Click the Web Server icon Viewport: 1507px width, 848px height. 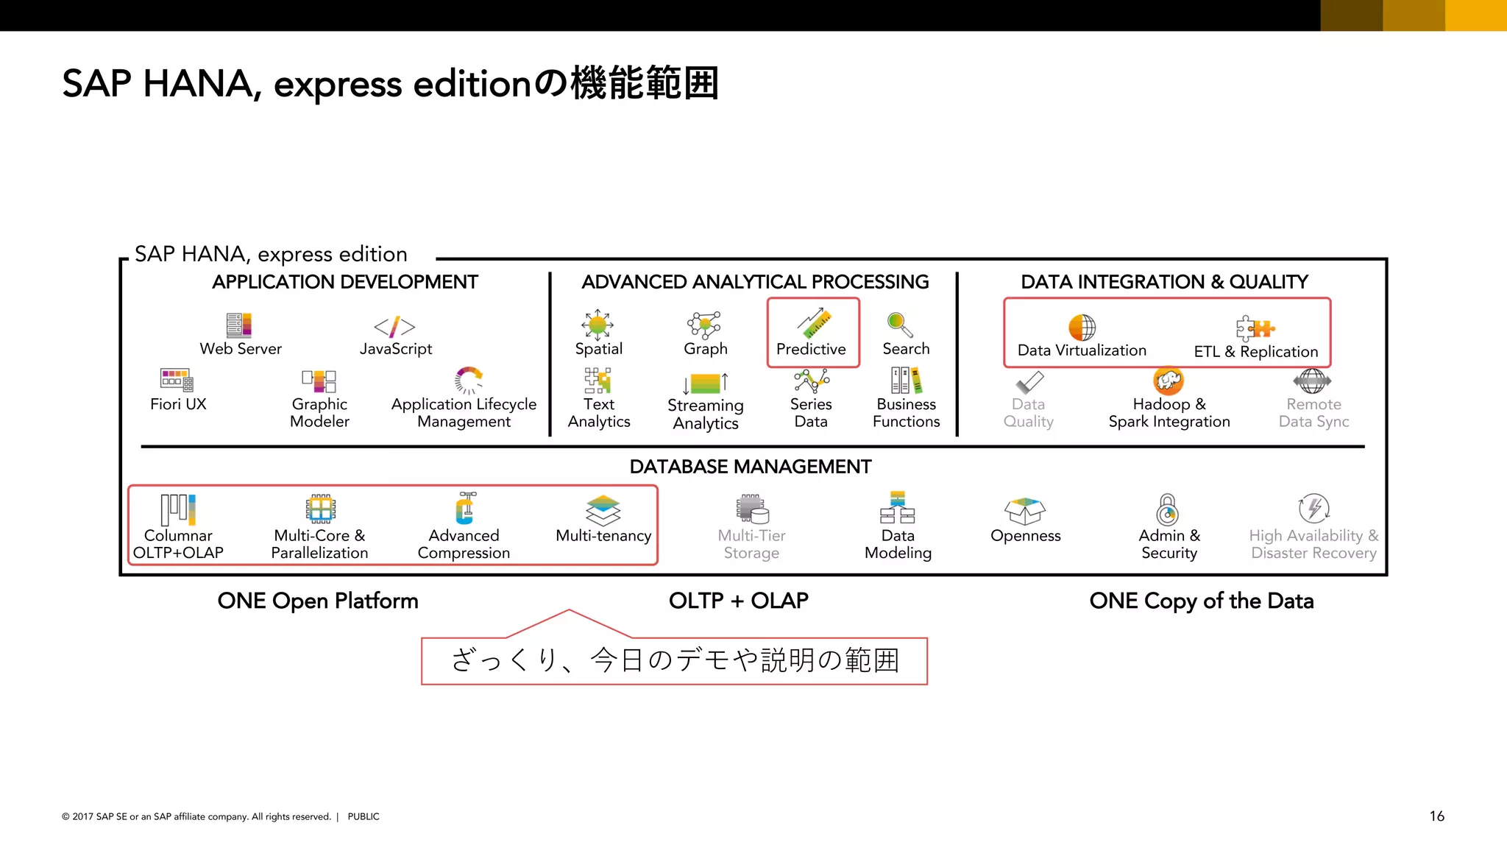point(239,325)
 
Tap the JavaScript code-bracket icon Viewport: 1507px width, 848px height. point(394,326)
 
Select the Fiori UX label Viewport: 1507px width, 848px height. point(178,404)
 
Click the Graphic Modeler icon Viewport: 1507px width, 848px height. point(319,381)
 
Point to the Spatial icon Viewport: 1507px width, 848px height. point(598,324)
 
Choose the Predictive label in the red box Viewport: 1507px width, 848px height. point(811,349)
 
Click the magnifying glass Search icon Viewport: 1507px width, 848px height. point(900,324)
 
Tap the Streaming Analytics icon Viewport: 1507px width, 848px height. point(706,383)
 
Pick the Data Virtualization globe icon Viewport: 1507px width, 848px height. point(1082,327)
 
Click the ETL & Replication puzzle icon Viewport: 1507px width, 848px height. point(1255,328)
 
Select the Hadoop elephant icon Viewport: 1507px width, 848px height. point(1169,381)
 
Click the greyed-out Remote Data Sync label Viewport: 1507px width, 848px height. point(1313,413)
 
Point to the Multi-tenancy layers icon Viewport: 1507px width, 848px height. point(603,509)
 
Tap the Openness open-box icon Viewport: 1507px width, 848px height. point(1025,510)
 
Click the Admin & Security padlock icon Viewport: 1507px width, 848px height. point(1168,509)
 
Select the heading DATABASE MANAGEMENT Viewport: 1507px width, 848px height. point(751,467)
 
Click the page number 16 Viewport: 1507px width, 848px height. point(1436,816)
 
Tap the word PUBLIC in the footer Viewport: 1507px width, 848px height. point(364,816)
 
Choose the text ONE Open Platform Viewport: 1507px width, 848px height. point(318,601)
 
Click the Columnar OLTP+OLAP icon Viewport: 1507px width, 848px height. point(178,509)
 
